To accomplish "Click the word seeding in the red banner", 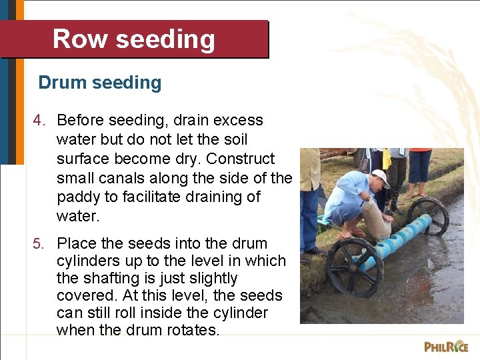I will (x=165, y=39).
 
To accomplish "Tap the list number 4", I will (x=40, y=121).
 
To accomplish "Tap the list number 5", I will (x=40, y=244).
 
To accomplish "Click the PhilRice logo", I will (x=446, y=346).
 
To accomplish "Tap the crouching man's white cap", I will (x=381, y=177).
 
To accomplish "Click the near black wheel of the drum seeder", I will (x=355, y=267).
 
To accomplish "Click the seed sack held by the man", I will (x=375, y=220).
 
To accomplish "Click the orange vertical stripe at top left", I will (x=19, y=80).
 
